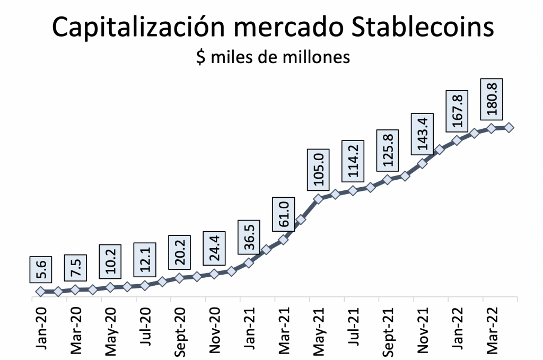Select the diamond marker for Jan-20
(x=40, y=291)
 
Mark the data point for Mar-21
(x=283, y=240)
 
